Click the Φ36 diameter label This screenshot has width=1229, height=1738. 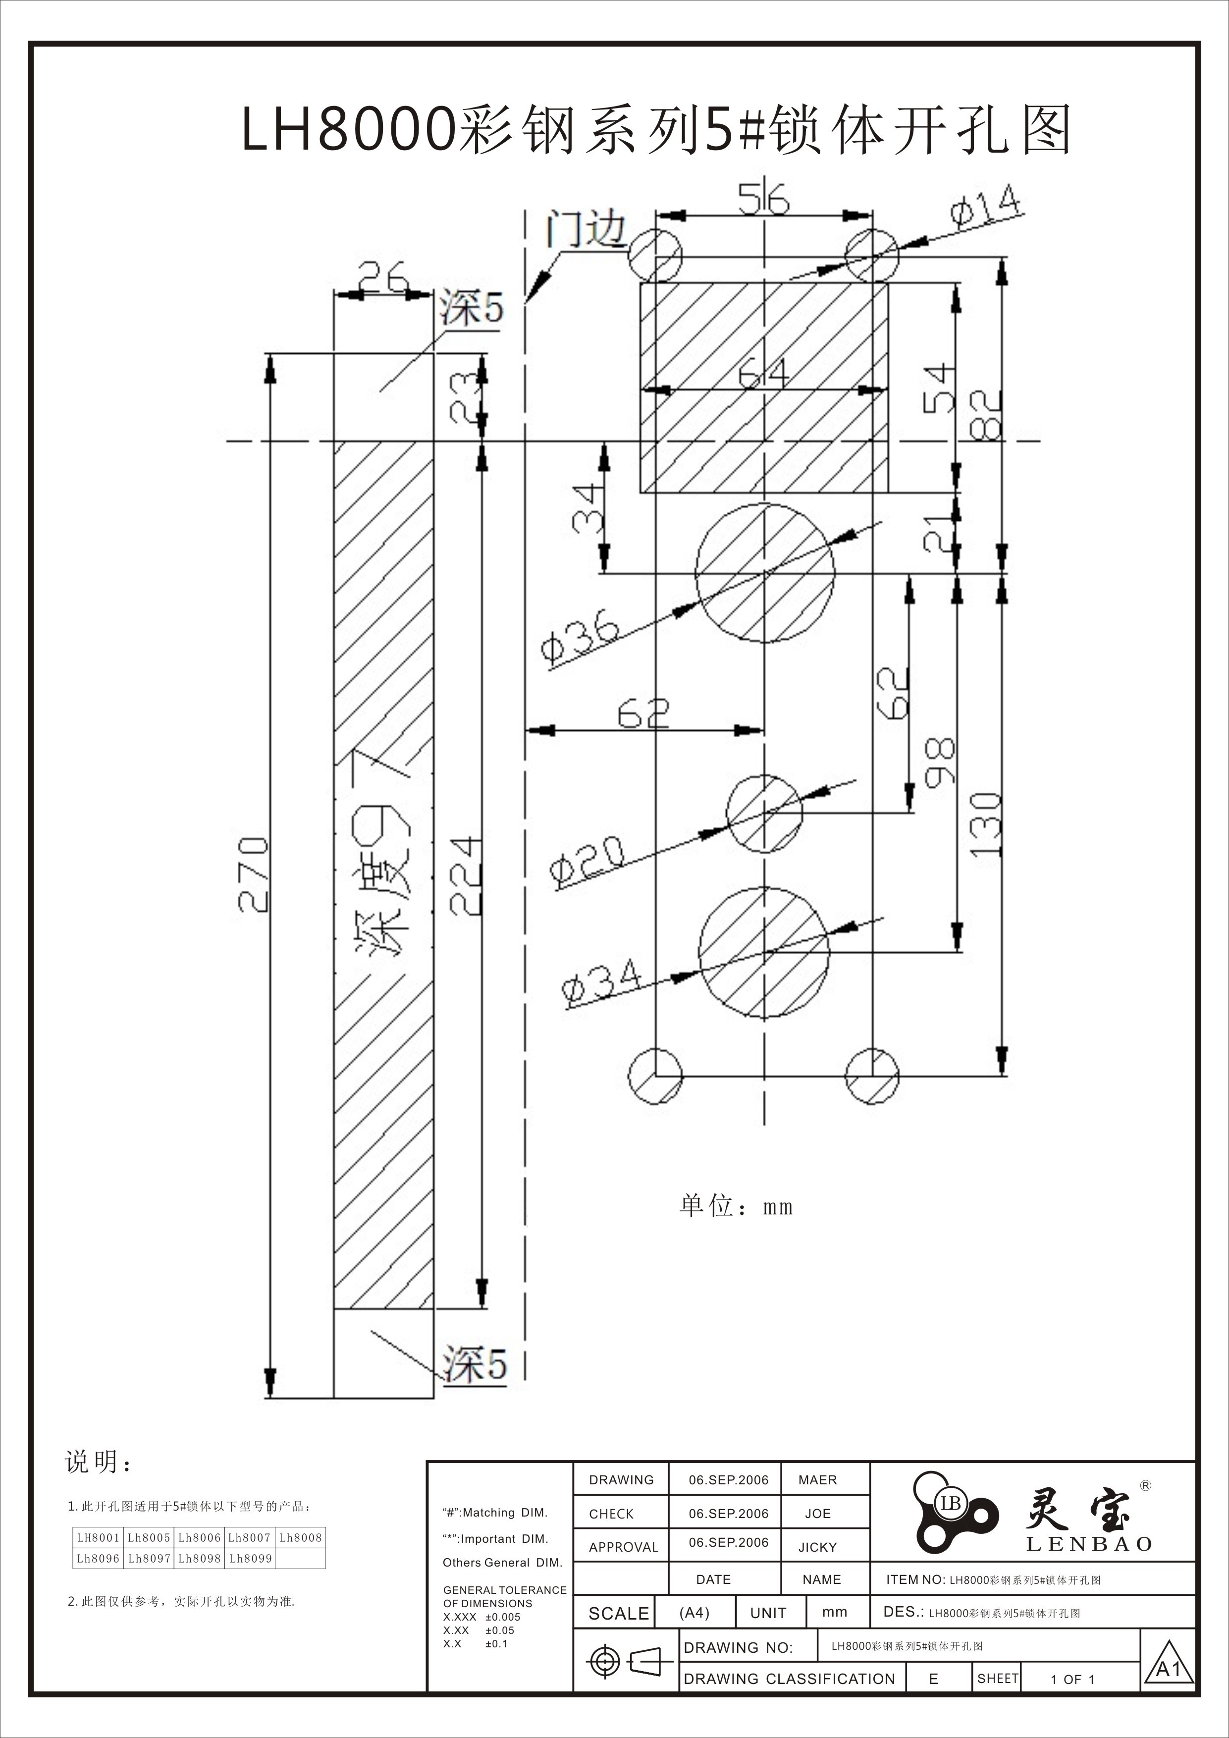tap(581, 640)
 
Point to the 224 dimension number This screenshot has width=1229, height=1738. tap(465, 876)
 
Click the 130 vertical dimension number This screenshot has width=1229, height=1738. tap(985, 825)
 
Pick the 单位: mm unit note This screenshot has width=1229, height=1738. tap(736, 1206)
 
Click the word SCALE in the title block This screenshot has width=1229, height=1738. tap(618, 1613)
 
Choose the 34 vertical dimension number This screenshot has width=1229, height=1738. tap(589, 509)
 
